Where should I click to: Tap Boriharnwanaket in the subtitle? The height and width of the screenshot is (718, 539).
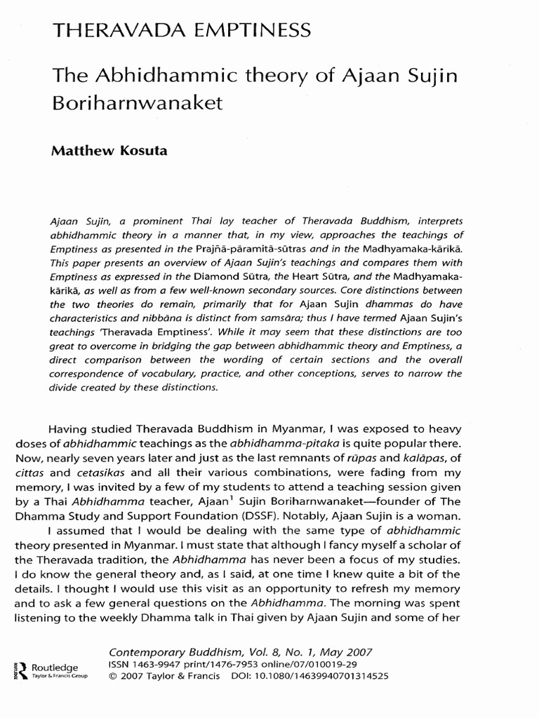pyautogui.click(x=137, y=102)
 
